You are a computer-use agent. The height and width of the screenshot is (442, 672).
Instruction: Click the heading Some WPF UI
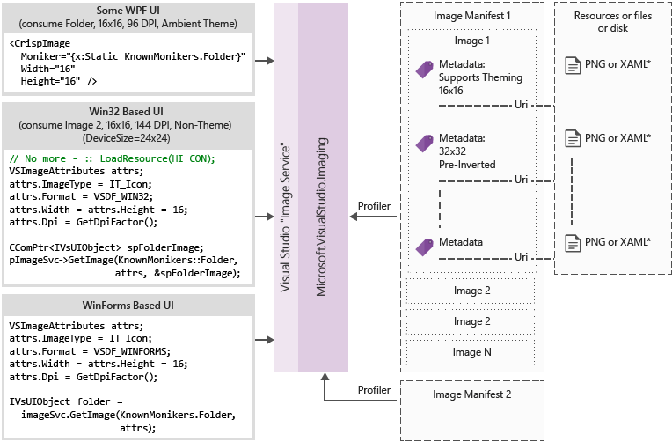tap(129, 9)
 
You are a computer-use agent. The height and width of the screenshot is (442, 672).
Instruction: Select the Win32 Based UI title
tap(129, 113)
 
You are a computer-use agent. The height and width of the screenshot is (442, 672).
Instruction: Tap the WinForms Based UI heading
tap(129, 305)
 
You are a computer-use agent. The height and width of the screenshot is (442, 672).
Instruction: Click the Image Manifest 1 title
tap(472, 16)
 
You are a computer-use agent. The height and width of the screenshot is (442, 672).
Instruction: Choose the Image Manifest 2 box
tap(472, 394)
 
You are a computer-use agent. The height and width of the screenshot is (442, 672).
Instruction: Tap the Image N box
tap(472, 351)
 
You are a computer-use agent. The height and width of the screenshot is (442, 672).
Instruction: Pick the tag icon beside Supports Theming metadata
tap(424, 70)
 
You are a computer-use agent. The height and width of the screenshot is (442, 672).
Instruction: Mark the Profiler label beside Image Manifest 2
tap(374, 389)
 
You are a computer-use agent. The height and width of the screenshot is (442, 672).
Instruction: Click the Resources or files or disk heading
tap(613, 22)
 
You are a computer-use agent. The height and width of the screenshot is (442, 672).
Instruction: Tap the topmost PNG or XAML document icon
tap(573, 64)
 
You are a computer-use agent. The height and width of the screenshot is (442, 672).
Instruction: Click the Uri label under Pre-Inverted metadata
tap(521, 180)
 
